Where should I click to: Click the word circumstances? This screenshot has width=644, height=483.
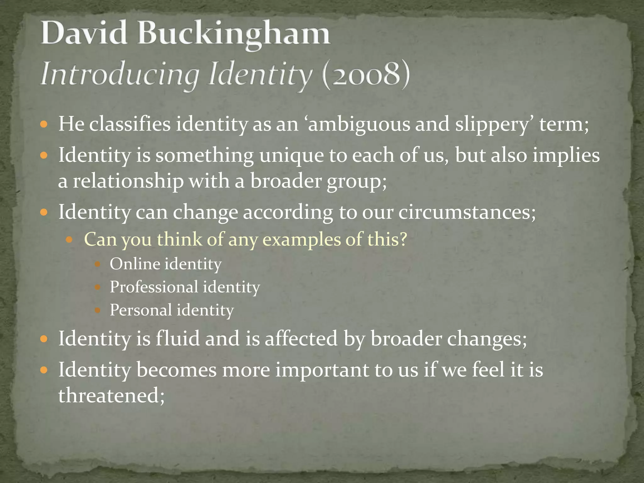click(x=467, y=212)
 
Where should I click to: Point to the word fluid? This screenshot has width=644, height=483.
click(x=178, y=339)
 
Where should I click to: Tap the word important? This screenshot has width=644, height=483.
click(x=322, y=370)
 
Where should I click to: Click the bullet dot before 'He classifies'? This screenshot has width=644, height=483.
click(x=44, y=125)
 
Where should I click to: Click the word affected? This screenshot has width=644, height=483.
click(x=301, y=339)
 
